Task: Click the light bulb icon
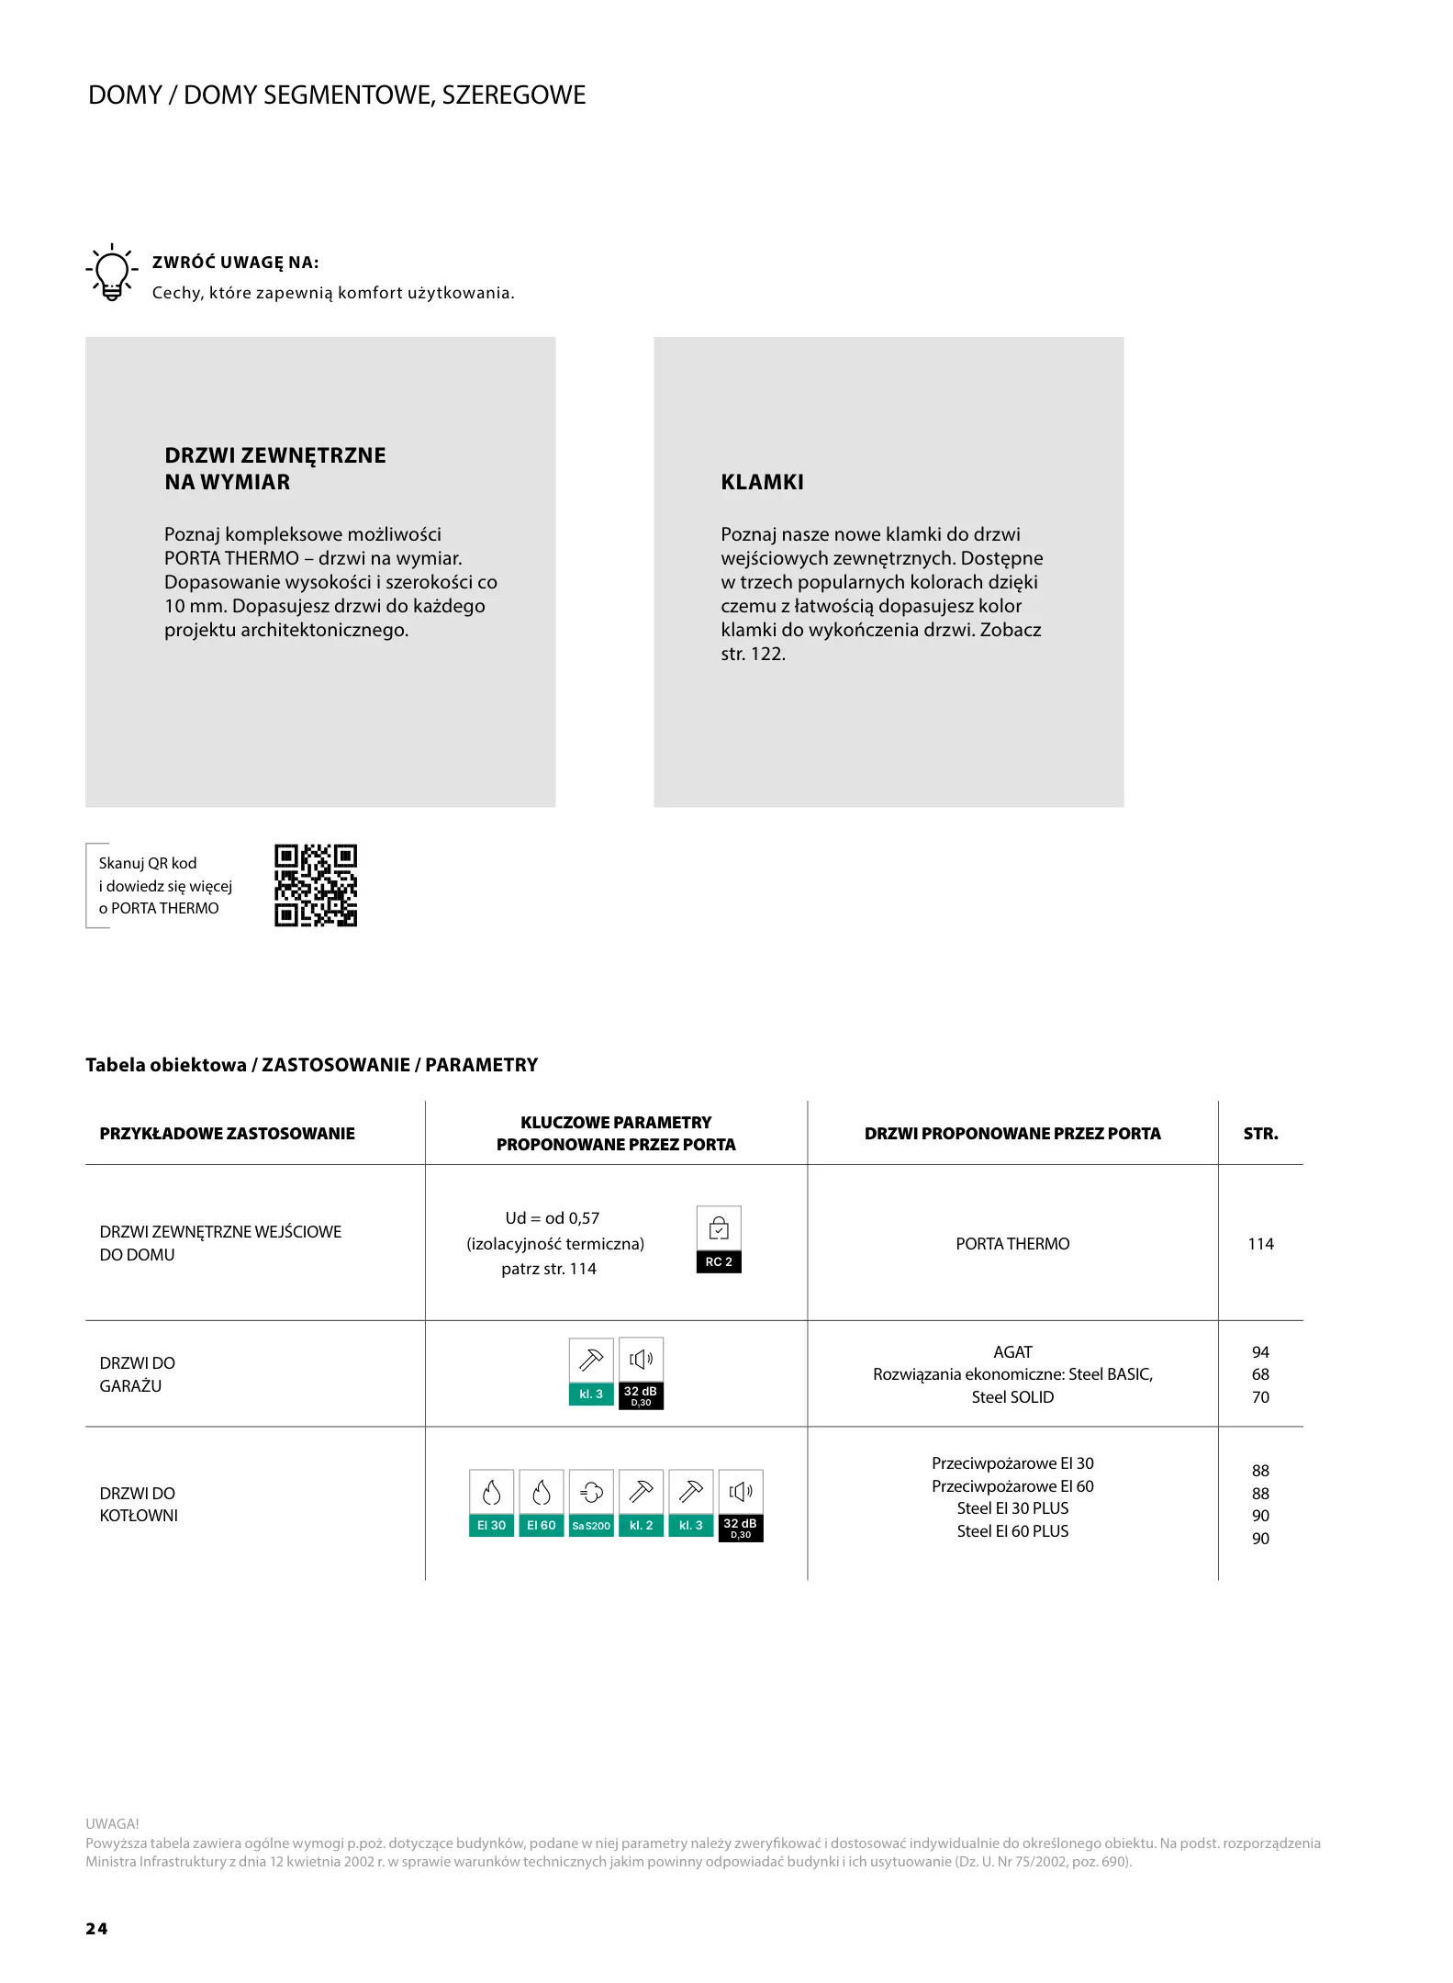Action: (x=112, y=273)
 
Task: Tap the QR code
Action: (x=316, y=885)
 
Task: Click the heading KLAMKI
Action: (x=762, y=482)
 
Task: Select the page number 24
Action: (x=96, y=1928)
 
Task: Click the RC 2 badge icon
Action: (x=719, y=1239)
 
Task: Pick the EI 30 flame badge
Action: (x=491, y=1504)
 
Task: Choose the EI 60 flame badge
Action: (x=542, y=1504)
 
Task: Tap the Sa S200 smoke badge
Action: (x=591, y=1504)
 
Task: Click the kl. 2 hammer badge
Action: (x=641, y=1504)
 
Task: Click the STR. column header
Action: (x=1260, y=1134)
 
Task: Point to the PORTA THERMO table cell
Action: (x=1012, y=1244)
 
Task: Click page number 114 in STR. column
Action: (x=1260, y=1244)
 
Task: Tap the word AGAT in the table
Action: (x=1012, y=1352)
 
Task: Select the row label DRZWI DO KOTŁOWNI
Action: (x=139, y=1504)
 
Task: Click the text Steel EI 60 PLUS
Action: (x=1012, y=1531)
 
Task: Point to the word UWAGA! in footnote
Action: (x=112, y=1823)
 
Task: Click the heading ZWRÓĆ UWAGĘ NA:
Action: (x=235, y=263)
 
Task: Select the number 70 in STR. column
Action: (x=1260, y=1397)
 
